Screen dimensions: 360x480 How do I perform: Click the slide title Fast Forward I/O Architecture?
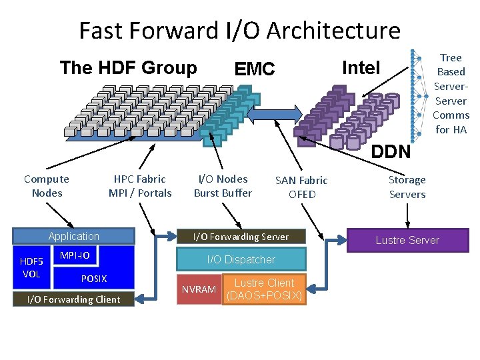point(239,31)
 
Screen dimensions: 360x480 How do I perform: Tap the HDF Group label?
point(128,68)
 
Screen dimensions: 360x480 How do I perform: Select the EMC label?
point(255,69)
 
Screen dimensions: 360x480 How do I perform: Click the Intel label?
point(361,67)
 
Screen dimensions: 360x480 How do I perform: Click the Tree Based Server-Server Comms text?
point(451,93)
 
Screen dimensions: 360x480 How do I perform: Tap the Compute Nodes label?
point(46,186)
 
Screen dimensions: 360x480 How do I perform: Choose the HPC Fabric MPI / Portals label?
point(140,186)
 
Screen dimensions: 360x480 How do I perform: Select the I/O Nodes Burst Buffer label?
point(223,186)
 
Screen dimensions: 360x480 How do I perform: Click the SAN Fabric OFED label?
point(301,187)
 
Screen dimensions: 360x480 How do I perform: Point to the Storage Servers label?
point(407,187)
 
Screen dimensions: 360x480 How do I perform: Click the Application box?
point(73,237)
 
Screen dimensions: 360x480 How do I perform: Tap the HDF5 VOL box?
point(31,268)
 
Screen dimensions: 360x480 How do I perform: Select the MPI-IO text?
point(75,256)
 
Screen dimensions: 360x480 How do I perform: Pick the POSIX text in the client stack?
point(93,279)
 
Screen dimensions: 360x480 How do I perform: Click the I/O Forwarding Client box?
point(73,299)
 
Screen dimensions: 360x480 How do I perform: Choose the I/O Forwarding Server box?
point(241,237)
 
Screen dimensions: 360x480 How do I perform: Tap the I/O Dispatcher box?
point(241,259)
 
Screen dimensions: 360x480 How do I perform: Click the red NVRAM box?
point(199,289)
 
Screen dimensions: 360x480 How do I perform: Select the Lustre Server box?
point(407,240)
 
